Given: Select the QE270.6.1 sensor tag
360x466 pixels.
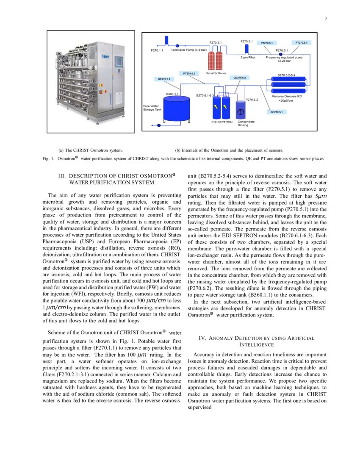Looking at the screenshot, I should [x=163, y=79].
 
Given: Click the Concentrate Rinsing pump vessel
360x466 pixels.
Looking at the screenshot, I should [x=241, y=111].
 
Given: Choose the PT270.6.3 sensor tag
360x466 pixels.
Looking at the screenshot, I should [x=189, y=73].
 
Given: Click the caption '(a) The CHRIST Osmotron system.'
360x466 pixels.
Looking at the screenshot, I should [x=91, y=150].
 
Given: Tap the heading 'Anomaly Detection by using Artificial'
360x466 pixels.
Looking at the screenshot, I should [x=256, y=338].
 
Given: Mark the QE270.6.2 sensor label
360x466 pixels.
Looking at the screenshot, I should [x=239, y=78].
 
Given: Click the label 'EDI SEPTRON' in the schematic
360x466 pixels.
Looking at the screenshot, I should [x=222, y=122].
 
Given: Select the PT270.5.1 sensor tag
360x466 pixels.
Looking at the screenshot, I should [x=269, y=43].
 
